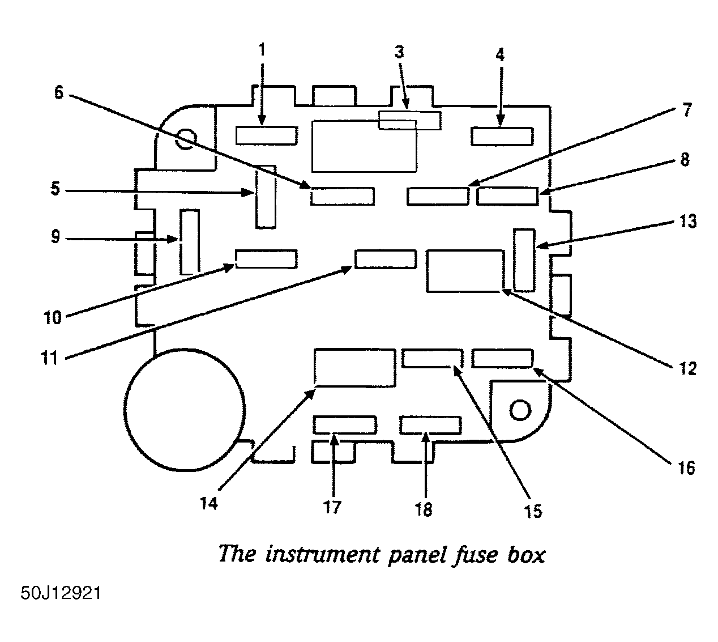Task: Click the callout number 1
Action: tap(262, 50)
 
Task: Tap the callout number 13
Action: tap(688, 221)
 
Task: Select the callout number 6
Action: tap(59, 92)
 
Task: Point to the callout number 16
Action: tap(686, 468)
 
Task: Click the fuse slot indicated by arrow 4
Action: tap(502, 136)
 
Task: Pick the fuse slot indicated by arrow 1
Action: tap(267, 135)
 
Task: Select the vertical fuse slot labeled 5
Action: tap(266, 197)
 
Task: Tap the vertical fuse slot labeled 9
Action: tap(190, 241)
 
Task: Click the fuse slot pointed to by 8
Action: tap(507, 196)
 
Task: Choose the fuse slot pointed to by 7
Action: tap(438, 196)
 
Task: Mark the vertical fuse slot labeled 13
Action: tap(524, 260)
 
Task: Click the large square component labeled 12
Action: tap(465, 271)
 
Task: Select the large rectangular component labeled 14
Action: tap(355, 368)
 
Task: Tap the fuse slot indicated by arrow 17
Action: tap(344, 425)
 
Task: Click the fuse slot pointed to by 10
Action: tap(267, 259)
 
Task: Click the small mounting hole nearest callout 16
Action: tap(520, 410)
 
